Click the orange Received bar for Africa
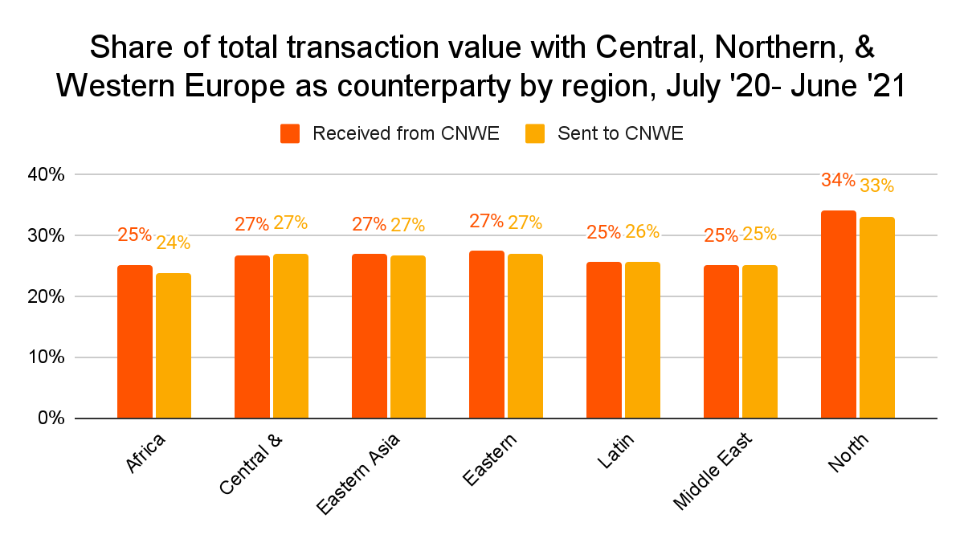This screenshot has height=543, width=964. [134, 341]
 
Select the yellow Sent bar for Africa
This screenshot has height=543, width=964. [173, 345]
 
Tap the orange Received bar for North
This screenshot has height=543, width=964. [838, 314]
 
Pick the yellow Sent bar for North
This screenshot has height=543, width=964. [876, 317]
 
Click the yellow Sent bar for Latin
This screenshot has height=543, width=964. [642, 340]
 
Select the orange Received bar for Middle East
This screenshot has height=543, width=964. [721, 341]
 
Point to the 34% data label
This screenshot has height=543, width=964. [838, 181]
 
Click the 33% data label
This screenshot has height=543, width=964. [876, 186]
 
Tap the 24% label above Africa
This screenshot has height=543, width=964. [173, 243]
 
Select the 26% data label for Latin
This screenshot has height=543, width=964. [642, 232]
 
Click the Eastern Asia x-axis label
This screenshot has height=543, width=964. [358, 474]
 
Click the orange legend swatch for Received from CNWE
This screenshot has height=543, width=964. [290, 133]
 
